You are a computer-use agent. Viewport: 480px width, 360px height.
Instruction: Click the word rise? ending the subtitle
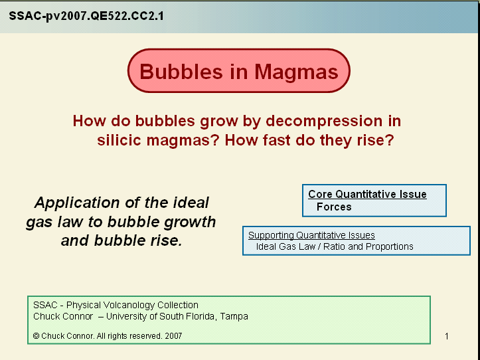coord(374,141)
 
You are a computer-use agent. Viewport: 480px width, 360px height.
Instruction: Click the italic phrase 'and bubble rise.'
coord(121,240)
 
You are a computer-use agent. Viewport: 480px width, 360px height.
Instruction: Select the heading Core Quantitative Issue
coord(367,195)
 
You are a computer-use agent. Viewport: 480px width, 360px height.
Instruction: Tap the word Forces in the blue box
coord(334,207)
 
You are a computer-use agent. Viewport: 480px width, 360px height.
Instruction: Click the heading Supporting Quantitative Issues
coord(311,235)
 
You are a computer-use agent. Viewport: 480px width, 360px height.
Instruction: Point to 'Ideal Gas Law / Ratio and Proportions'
coord(335,246)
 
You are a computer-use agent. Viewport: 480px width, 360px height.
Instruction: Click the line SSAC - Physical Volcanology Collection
coord(116,305)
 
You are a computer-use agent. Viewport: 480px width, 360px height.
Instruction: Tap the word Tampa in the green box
coord(235,316)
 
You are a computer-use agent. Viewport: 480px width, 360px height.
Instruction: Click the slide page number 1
coord(447,336)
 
